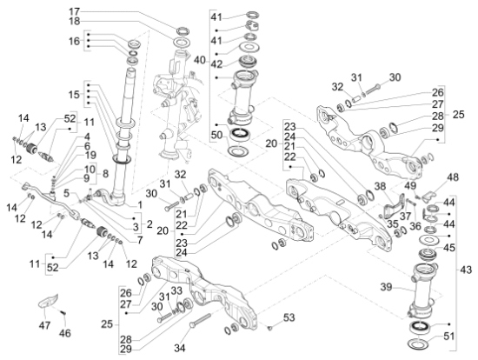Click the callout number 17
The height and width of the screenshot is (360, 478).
click(x=74, y=12)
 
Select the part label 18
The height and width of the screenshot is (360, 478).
click(x=74, y=22)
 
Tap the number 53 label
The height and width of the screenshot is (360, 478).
click(x=289, y=317)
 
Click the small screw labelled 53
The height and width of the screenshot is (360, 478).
click(x=269, y=328)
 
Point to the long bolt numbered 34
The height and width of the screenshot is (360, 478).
click(x=200, y=320)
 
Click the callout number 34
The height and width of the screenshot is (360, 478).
click(x=180, y=348)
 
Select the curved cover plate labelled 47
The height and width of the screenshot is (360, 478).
click(x=48, y=301)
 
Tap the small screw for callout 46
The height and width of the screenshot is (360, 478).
click(x=63, y=313)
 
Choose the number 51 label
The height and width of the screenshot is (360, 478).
click(x=448, y=337)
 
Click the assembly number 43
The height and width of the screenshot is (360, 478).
click(x=466, y=270)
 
